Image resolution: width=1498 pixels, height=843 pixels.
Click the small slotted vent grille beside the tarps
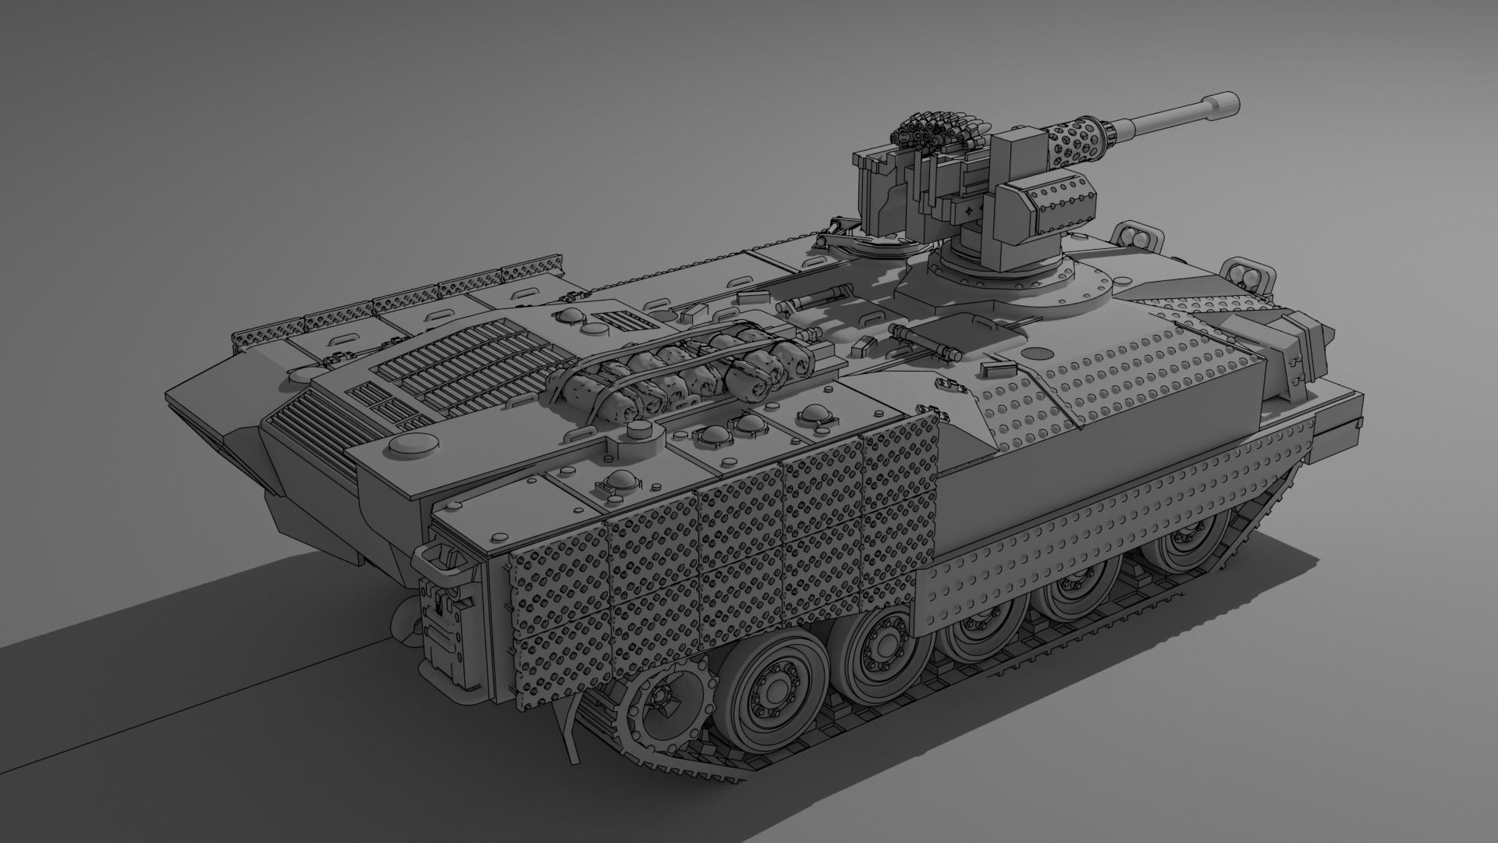coord(620,321)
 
